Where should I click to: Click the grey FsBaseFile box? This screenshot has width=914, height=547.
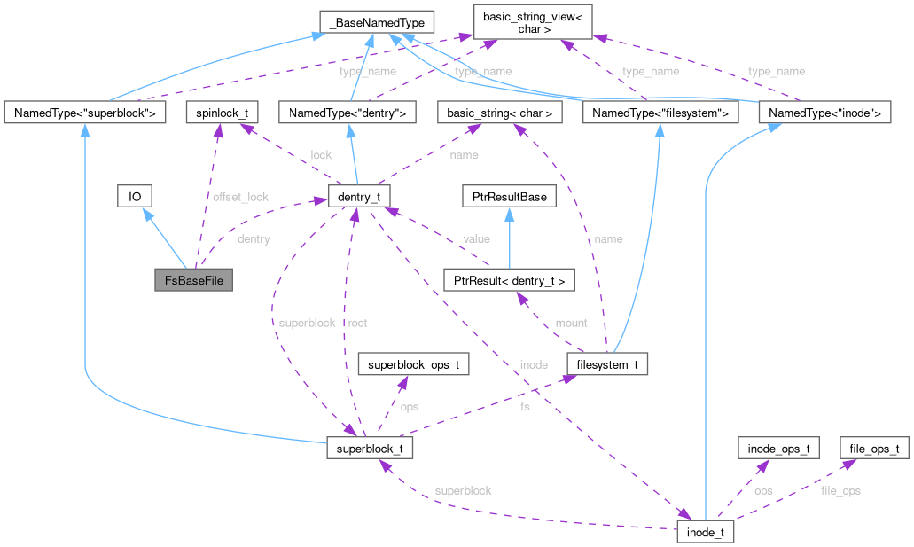point(193,280)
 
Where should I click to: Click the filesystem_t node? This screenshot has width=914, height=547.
point(607,363)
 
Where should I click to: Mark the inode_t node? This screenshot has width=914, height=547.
point(705,533)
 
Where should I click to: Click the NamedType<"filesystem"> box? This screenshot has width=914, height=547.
point(659,113)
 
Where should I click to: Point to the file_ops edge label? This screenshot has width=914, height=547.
point(840,490)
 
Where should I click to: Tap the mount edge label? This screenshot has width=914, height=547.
point(571,323)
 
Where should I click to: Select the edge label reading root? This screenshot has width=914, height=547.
point(358,323)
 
